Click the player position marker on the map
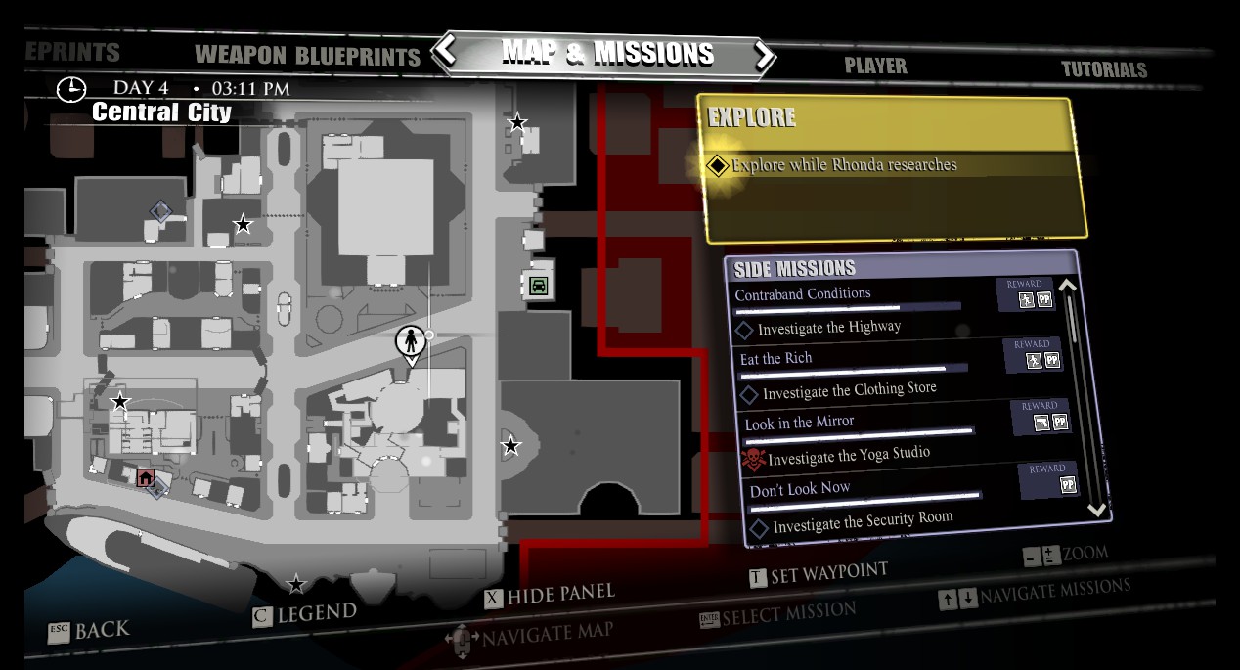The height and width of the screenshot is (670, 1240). (x=411, y=343)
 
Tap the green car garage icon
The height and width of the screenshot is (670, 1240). (x=538, y=286)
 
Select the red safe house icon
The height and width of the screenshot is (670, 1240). (x=146, y=477)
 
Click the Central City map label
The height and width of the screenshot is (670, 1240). (x=161, y=112)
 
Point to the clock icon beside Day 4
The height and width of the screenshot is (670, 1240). (x=71, y=89)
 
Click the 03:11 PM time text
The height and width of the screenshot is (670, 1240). (x=250, y=89)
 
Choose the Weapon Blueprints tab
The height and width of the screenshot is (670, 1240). (x=307, y=55)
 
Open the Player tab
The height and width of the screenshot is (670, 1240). (x=875, y=66)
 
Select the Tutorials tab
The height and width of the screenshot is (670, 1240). (x=1104, y=69)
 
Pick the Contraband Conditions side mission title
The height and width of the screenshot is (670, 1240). (x=802, y=293)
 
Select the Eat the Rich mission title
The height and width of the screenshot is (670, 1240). (x=775, y=359)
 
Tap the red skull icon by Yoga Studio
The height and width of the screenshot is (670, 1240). (x=752, y=459)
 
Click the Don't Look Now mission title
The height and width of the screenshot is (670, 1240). (x=799, y=489)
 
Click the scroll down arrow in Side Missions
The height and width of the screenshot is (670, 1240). (x=1095, y=509)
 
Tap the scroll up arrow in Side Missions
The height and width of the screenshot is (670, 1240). (x=1068, y=287)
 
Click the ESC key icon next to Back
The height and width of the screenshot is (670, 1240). (x=59, y=632)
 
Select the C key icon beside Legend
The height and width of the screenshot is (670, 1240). (x=261, y=616)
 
